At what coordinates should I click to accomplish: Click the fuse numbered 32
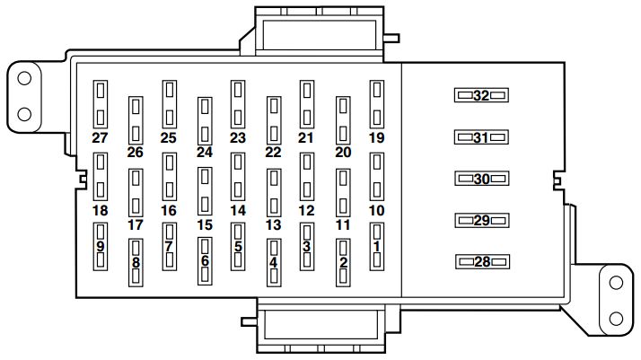pyautogui.click(x=481, y=95)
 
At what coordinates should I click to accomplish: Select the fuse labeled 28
pyautogui.click(x=481, y=261)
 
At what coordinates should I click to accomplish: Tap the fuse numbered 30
pyautogui.click(x=481, y=179)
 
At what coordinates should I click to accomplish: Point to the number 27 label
pyautogui.click(x=100, y=137)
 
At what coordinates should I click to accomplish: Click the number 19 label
pyautogui.click(x=376, y=137)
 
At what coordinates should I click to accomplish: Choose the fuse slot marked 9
pyautogui.click(x=100, y=246)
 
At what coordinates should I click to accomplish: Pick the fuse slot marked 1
pyautogui.click(x=377, y=246)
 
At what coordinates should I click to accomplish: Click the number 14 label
pyautogui.click(x=237, y=210)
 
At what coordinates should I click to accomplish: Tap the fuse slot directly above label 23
pyautogui.click(x=237, y=103)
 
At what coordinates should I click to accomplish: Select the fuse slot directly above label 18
pyautogui.click(x=100, y=175)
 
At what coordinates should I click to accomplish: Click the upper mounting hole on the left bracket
pyautogui.click(x=24, y=78)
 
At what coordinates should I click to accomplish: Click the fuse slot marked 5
pyautogui.click(x=238, y=246)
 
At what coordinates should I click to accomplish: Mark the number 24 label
pyautogui.click(x=204, y=153)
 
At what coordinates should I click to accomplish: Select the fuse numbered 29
pyautogui.click(x=481, y=220)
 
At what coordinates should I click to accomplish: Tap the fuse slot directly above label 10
pyautogui.click(x=377, y=175)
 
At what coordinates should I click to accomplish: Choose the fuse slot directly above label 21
pyautogui.click(x=307, y=103)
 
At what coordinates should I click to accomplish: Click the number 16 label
pyautogui.click(x=169, y=210)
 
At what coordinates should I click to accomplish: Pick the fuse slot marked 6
pyautogui.click(x=205, y=261)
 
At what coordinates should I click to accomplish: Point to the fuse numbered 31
pyautogui.click(x=481, y=137)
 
